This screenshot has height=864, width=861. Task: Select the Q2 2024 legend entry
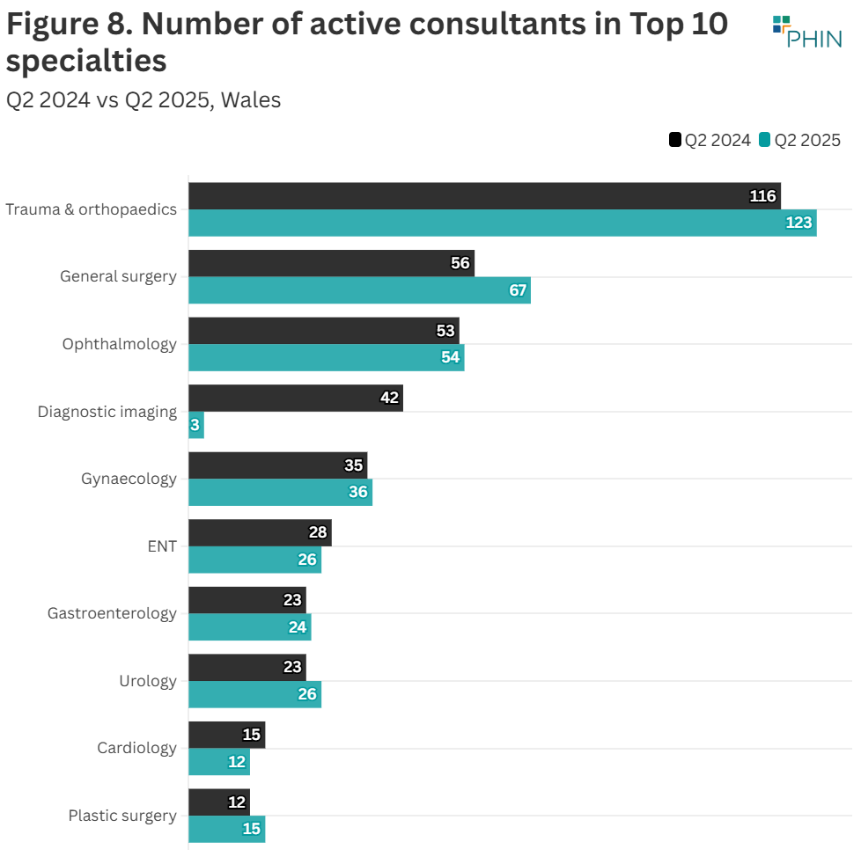[710, 140]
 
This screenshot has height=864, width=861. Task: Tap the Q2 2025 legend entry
[800, 140]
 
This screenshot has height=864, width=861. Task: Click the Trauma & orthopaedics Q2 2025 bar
[502, 223]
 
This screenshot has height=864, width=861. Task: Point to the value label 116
[762, 196]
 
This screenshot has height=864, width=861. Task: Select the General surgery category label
[118, 276]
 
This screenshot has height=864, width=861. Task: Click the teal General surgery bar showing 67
[359, 290]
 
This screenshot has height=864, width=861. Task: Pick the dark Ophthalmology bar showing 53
[323, 331]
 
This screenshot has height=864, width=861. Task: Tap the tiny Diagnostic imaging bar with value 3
[196, 425]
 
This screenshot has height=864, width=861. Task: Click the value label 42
[389, 398]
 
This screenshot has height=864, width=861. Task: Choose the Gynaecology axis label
[129, 479]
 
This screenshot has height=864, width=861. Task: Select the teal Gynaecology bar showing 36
[280, 492]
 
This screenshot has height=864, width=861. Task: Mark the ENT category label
[162, 546]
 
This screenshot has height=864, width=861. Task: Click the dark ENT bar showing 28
[260, 532]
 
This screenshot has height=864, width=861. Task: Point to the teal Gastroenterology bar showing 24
[249, 626]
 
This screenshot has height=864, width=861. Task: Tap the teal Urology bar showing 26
[254, 694]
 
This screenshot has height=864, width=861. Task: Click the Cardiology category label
[136, 748]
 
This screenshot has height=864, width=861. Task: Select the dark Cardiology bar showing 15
[226, 735]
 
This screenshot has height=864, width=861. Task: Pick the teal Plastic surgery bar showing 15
[226, 829]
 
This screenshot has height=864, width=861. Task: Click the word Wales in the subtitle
[251, 100]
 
